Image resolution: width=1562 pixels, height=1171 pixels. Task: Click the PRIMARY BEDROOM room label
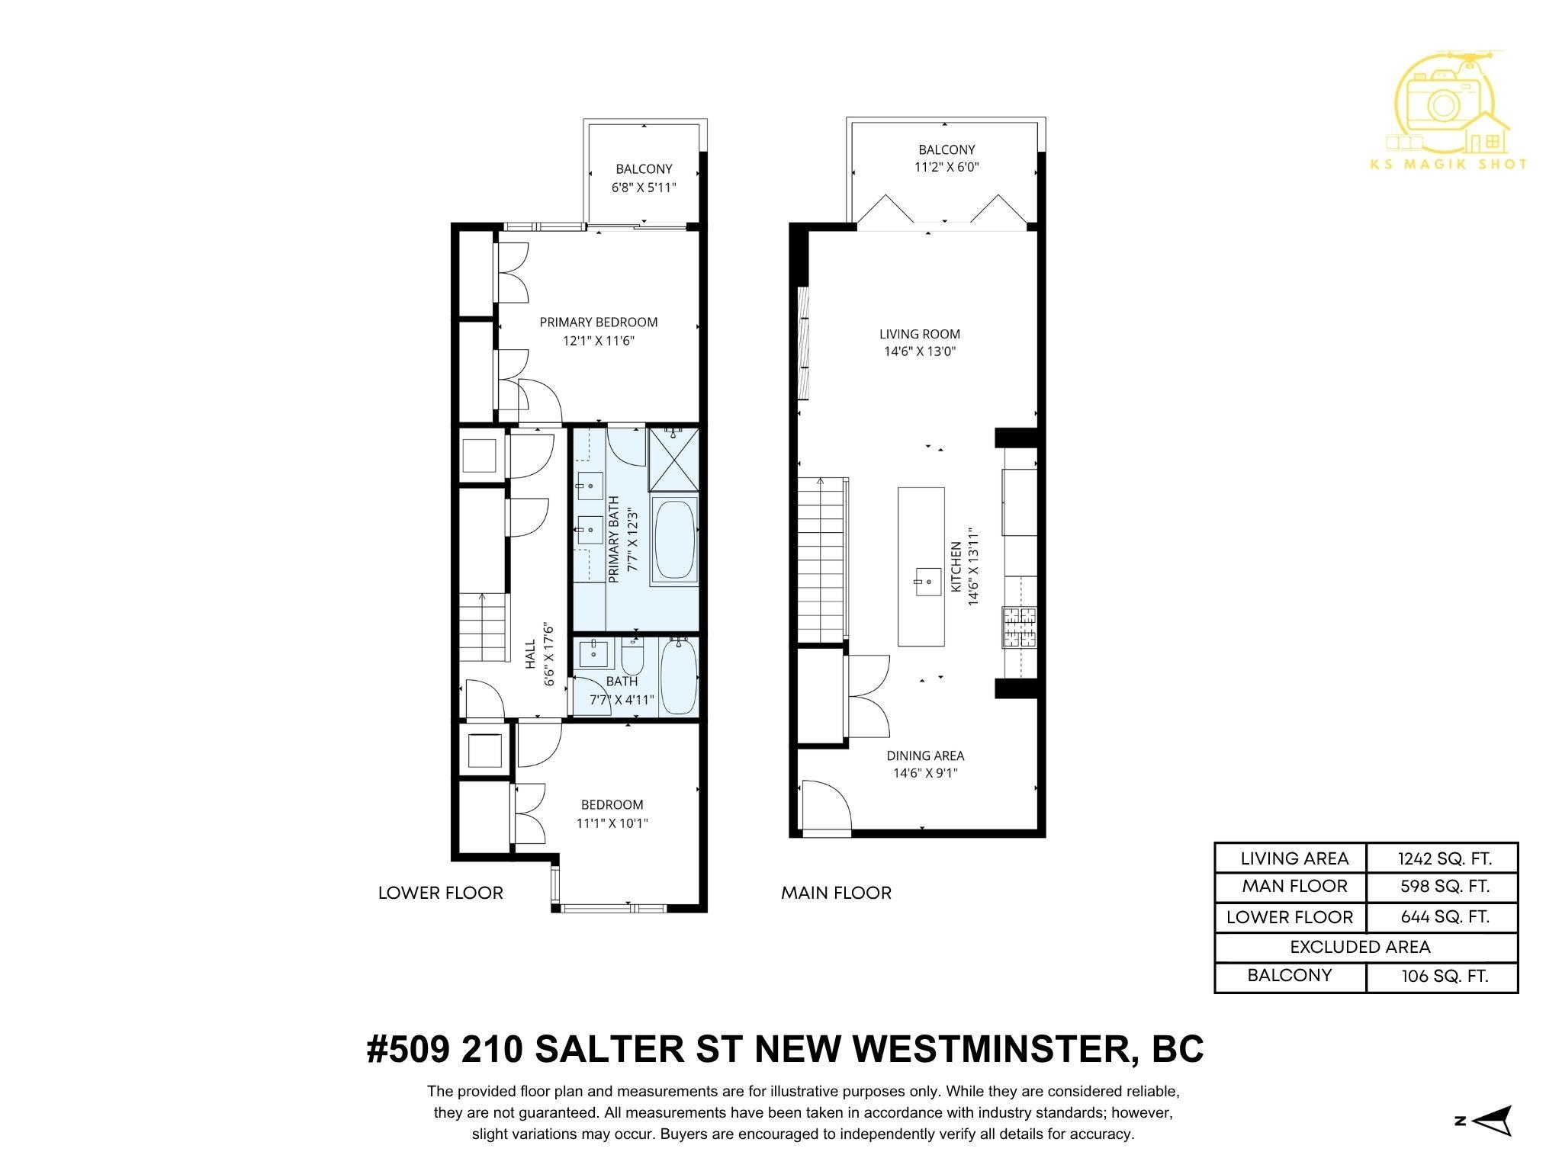click(x=598, y=322)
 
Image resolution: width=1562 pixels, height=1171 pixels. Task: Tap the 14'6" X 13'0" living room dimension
click(x=920, y=351)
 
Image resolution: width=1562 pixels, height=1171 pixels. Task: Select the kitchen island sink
click(x=921, y=583)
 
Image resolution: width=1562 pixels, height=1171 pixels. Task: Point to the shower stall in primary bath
click(x=673, y=460)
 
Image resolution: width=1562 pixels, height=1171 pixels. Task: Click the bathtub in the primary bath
click(x=674, y=541)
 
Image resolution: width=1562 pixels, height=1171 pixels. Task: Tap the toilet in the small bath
click(x=633, y=655)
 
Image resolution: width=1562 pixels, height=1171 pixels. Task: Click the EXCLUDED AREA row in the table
click(x=1360, y=947)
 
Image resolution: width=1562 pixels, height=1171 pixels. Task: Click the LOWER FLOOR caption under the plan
click(x=440, y=893)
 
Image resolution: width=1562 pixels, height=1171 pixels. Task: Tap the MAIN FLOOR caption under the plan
click(x=836, y=893)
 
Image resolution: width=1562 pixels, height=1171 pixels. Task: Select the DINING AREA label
click(x=925, y=756)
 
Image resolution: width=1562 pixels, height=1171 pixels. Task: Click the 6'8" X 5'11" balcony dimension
click(x=644, y=187)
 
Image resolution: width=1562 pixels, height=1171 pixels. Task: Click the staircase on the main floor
click(x=822, y=560)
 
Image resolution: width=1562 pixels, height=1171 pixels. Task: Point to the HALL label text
click(x=530, y=654)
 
